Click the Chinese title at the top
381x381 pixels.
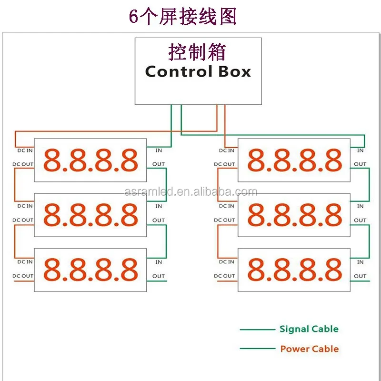tap(183, 17)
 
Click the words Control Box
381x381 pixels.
tap(198, 71)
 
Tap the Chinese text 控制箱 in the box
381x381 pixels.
tap(197, 52)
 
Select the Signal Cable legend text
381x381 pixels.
tap(309, 329)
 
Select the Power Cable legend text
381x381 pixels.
tap(309, 349)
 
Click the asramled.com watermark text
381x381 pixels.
tap(190, 192)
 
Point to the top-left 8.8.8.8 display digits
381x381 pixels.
tap(90, 160)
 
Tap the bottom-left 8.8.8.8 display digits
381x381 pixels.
tap(90, 270)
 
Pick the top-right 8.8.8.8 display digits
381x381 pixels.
tap(294, 160)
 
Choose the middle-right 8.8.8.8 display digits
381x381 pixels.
tap(294, 215)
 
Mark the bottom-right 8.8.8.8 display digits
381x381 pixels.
tap(294, 270)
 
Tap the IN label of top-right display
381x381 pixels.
tap(360, 150)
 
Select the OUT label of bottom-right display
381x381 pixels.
tap(360, 276)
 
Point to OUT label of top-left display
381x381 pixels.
tap(159, 164)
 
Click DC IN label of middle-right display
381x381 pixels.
tap(226, 206)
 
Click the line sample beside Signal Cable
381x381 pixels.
tap(257, 329)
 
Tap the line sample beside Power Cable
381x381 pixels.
tap(257, 349)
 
